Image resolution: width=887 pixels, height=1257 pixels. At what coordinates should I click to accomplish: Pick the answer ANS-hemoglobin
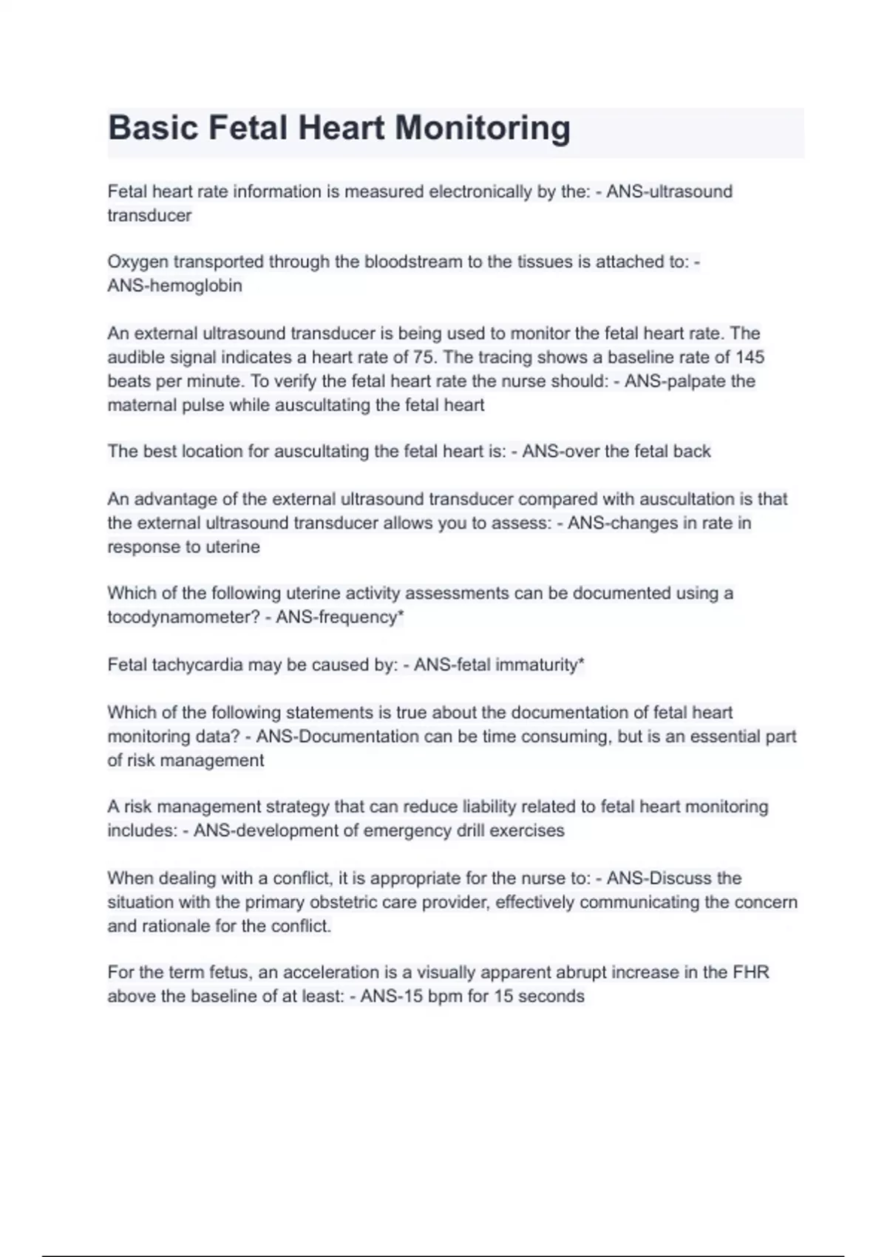pyautogui.click(x=174, y=285)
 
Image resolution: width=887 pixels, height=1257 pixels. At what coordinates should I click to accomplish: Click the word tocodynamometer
pyautogui.click(x=177, y=617)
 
